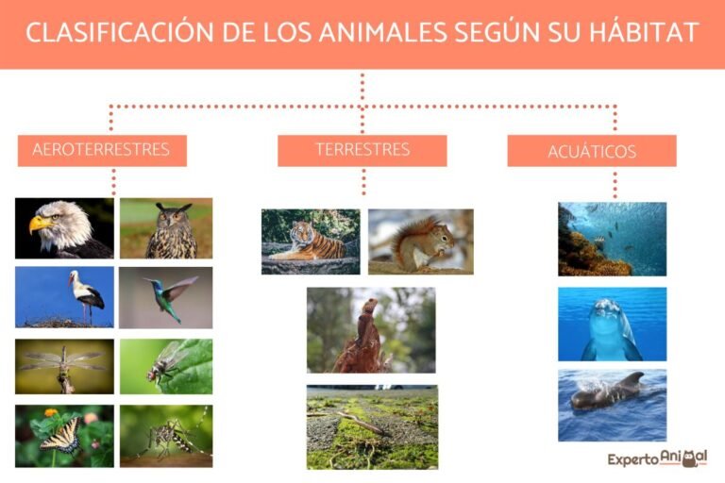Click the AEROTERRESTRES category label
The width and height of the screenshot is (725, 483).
pyautogui.click(x=101, y=150)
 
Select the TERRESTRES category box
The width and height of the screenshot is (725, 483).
pyautogui.click(x=362, y=150)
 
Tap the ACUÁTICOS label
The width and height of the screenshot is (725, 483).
pyautogui.click(x=592, y=151)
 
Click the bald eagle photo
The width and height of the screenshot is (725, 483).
pyautogui.click(x=64, y=228)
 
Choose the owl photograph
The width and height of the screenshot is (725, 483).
pyautogui.click(x=166, y=228)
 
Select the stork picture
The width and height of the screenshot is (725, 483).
pyautogui.click(x=64, y=296)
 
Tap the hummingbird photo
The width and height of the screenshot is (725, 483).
pyautogui.click(x=166, y=296)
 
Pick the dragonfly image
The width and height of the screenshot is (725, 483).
pyautogui.click(x=64, y=366)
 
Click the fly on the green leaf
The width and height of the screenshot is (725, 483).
pyautogui.click(x=166, y=366)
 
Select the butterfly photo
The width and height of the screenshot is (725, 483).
pyautogui.click(x=64, y=436)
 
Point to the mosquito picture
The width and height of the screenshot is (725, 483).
pyautogui.click(x=166, y=436)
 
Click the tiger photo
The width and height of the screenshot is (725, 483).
pyautogui.click(x=311, y=241)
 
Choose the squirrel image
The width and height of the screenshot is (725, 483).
pyautogui.click(x=420, y=241)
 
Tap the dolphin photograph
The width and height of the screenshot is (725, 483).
pyautogui.click(x=612, y=325)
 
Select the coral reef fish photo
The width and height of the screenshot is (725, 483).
pyautogui.click(x=612, y=239)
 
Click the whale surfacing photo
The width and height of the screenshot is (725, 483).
pyautogui.click(x=612, y=405)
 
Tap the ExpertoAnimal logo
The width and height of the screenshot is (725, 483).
pyautogui.click(x=657, y=459)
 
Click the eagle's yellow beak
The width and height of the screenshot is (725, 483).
pyautogui.click(x=38, y=225)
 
